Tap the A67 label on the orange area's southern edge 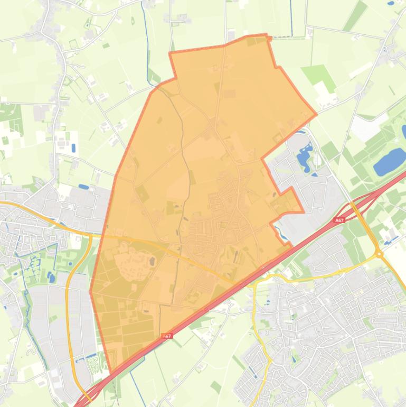pyautogui.click(x=167, y=336)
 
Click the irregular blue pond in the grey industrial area pyautogui.click(x=304, y=156)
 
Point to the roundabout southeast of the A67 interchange pyautogui.click(x=379, y=254)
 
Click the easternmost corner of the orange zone pyautogui.click(x=316, y=114)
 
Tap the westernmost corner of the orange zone pyautogui.click(x=90, y=292)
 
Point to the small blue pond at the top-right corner pyautogui.click(x=391, y=3)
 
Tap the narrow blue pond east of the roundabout pyautogui.click(x=391, y=240)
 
